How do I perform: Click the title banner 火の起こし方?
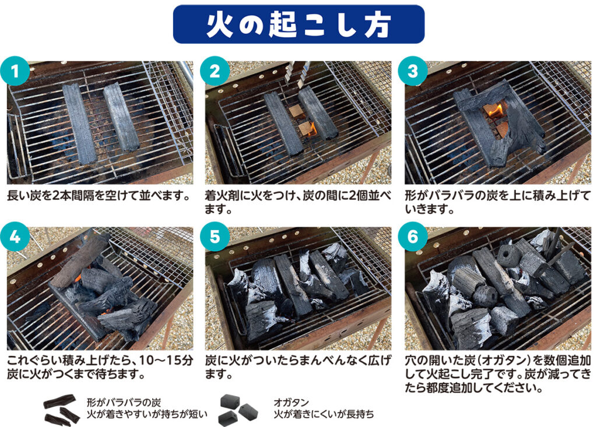[298, 24]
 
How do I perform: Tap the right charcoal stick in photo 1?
[121, 116]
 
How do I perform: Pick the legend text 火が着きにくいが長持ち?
[324, 415]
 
